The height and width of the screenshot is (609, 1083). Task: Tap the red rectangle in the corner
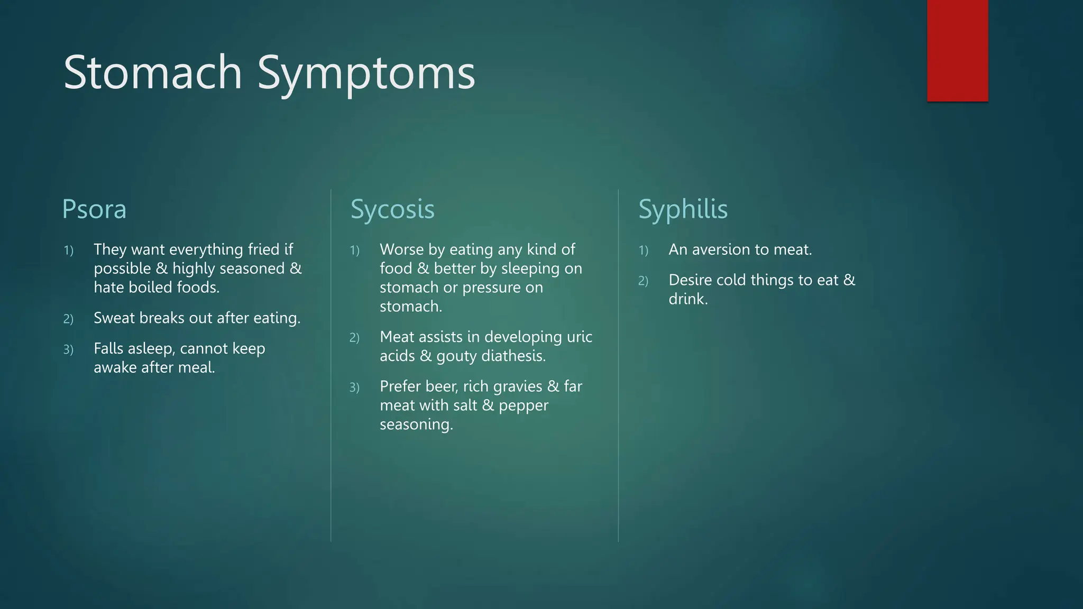point(957,50)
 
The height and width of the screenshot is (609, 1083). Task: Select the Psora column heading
point(94,209)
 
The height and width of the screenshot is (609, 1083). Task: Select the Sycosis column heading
point(392,209)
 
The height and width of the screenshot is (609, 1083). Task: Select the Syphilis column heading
point(683,209)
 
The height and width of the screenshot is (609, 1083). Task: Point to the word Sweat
point(114,318)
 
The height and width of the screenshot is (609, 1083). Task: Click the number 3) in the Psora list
point(68,350)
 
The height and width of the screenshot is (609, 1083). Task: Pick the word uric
point(580,337)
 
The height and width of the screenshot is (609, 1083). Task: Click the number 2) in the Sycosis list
point(354,338)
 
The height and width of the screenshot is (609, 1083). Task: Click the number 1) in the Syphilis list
point(643,251)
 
